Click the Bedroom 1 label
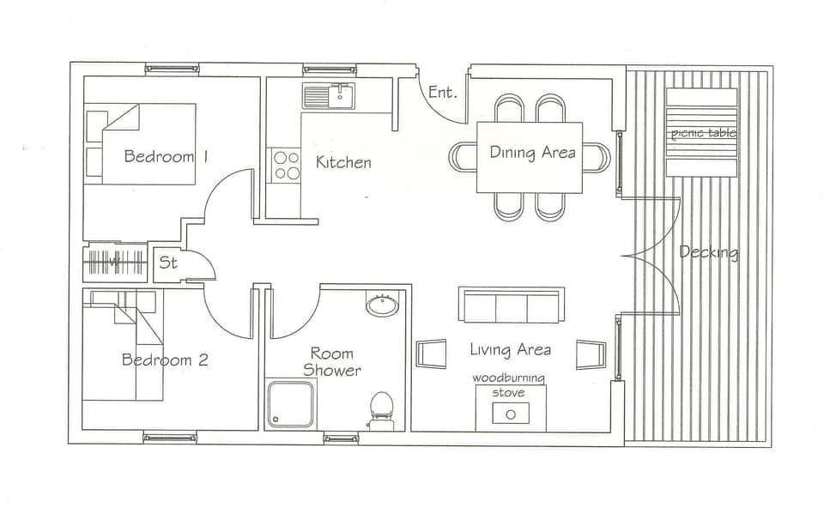(167, 156)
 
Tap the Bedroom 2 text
(165, 360)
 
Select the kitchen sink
(329, 95)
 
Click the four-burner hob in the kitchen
(287, 165)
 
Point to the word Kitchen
(343, 162)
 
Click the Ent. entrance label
(442, 92)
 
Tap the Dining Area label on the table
(532, 153)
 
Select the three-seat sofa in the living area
(511, 306)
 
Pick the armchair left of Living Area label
(431, 354)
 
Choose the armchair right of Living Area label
(591, 354)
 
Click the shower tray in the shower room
(290, 403)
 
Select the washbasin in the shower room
(381, 305)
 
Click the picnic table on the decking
(702, 132)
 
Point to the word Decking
(708, 252)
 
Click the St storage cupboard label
(168, 263)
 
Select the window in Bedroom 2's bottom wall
(169, 438)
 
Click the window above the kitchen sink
(329, 69)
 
